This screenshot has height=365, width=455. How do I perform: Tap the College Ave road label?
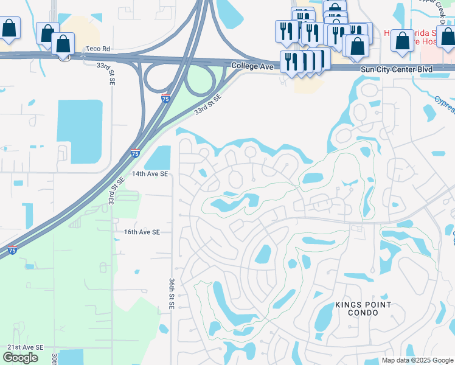point(249,64)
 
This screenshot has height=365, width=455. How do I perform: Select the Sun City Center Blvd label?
point(397,69)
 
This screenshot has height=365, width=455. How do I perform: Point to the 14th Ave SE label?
point(149,174)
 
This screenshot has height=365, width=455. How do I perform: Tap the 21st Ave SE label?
point(26,347)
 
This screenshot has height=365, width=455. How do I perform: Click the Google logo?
point(20,358)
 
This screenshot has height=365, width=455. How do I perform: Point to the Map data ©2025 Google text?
point(417,360)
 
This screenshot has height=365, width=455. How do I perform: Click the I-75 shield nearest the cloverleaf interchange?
point(165,98)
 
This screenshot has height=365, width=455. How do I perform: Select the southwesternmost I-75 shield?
point(12,249)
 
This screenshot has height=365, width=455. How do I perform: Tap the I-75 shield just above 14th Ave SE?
point(135,153)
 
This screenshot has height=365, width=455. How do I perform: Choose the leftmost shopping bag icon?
point(10,28)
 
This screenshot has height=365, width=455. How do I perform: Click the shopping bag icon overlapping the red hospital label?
point(402,40)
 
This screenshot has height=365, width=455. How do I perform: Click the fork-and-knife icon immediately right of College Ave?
point(290,62)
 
